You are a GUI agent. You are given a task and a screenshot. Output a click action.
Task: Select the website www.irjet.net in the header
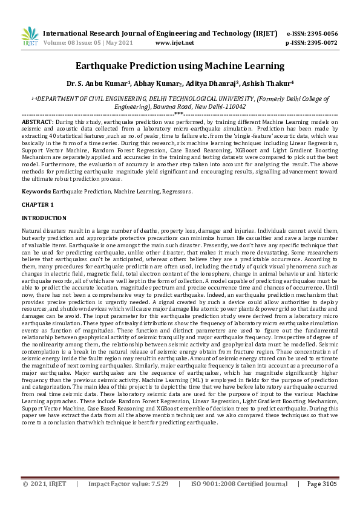coord(175,43)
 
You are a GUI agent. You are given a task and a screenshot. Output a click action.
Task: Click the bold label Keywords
coord(36,191)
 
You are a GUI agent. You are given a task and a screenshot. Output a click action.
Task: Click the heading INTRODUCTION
coord(44,218)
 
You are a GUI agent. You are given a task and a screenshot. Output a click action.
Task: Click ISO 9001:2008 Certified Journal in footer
coord(240,484)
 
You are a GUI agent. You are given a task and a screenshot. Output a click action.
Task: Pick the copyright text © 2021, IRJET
coord(45,484)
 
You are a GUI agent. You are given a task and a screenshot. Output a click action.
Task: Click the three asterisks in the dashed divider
coord(179,114)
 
